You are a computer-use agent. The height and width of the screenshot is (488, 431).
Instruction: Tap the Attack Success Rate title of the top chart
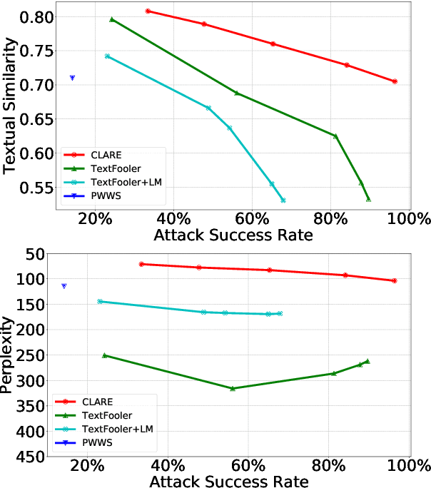coord(240,235)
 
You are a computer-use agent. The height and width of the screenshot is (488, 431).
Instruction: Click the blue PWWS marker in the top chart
coord(72,78)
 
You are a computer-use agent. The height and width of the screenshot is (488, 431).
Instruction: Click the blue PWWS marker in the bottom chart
coord(64,286)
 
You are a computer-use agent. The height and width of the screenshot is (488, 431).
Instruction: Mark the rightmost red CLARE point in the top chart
coord(395,81)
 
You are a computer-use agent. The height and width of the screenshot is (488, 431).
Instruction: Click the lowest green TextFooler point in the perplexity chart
coord(233,388)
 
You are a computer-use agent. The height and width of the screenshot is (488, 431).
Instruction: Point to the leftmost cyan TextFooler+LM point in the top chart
coord(107,56)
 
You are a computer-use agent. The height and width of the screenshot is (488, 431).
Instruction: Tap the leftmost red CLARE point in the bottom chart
coord(141,264)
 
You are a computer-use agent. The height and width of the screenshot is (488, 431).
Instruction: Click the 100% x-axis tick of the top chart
coord(409,219)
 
